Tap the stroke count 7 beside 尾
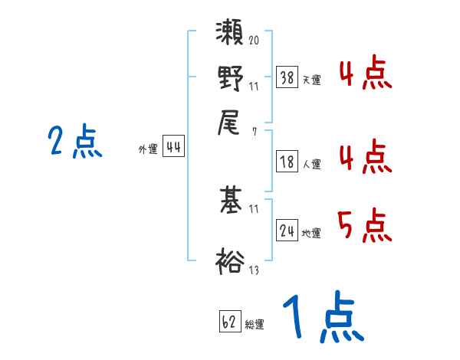(254, 132)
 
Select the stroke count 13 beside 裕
(254, 270)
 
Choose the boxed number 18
(287, 161)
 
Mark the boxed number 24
(287, 229)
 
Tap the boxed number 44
(173, 147)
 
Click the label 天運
(311, 80)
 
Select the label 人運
(311, 164)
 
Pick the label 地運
(311, 232)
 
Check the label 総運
(255, 325)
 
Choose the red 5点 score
(365, 226)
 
